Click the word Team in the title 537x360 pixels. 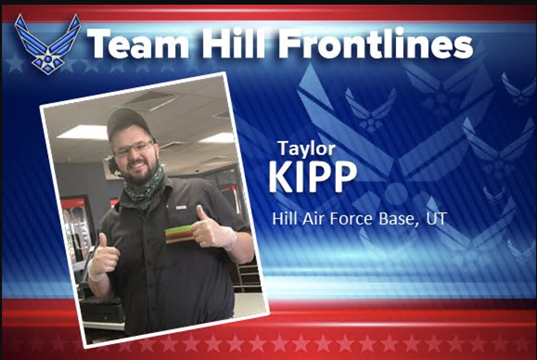[138, 44]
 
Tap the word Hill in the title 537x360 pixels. [234, 43]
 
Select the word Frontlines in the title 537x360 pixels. [376, 43]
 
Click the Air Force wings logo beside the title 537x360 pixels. [48, 44]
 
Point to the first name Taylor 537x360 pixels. [307, 148]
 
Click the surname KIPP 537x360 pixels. [313, 177]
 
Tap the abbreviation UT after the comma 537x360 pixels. [436, 218]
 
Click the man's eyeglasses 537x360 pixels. [134, 148]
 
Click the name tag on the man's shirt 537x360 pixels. [180, 207]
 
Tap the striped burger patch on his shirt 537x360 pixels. [179, 235]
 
